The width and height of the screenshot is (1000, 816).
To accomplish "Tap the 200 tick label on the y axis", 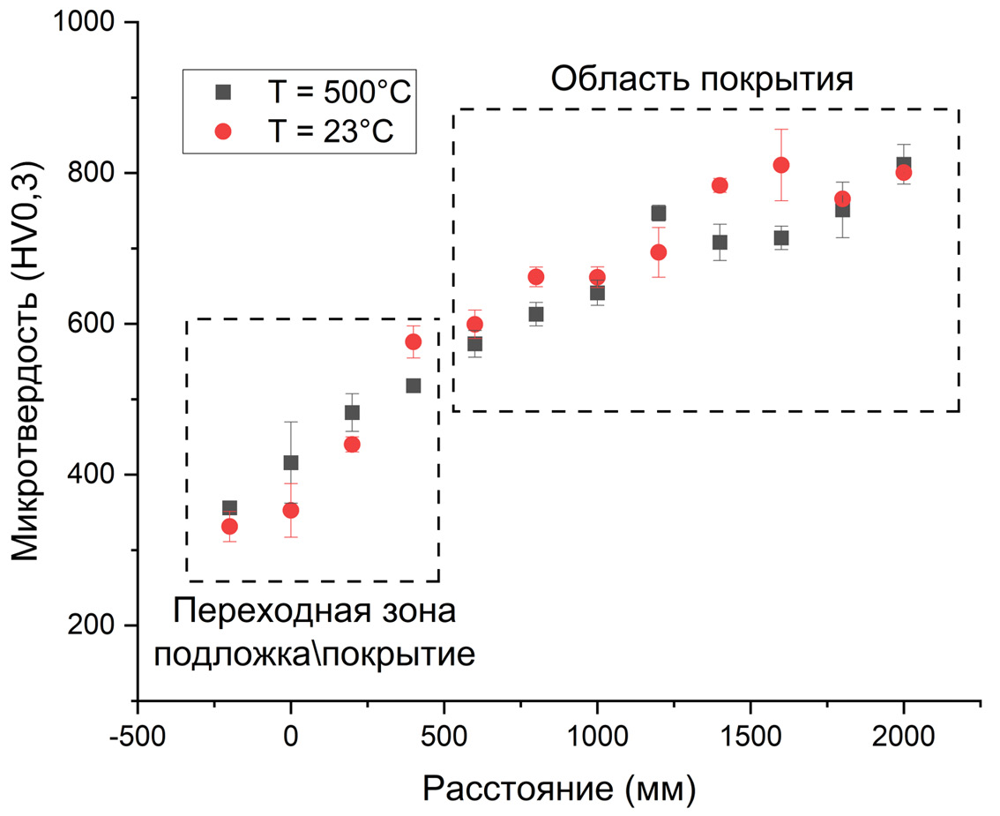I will pos(102,625).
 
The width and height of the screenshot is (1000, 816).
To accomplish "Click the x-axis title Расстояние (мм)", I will pos(559,788).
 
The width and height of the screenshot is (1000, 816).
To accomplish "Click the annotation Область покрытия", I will pos(702,79).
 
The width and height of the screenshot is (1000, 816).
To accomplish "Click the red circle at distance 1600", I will pos(781,165).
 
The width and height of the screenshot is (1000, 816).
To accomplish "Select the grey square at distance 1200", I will pos(659,213).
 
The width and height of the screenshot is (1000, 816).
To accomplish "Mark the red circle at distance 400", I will pos(413,341).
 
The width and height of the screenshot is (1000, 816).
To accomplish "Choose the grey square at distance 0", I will pos(291,462).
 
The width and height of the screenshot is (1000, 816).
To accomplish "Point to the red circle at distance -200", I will pos(229,526).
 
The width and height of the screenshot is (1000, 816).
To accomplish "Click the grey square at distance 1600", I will pos(781,237).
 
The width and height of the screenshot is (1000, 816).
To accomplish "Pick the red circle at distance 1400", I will pos(720,185).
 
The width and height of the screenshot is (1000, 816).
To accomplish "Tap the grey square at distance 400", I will pos(413,386).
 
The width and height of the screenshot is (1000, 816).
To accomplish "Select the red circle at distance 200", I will pos(352,445).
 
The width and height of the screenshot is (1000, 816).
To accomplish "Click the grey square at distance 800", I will pos(536,314).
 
